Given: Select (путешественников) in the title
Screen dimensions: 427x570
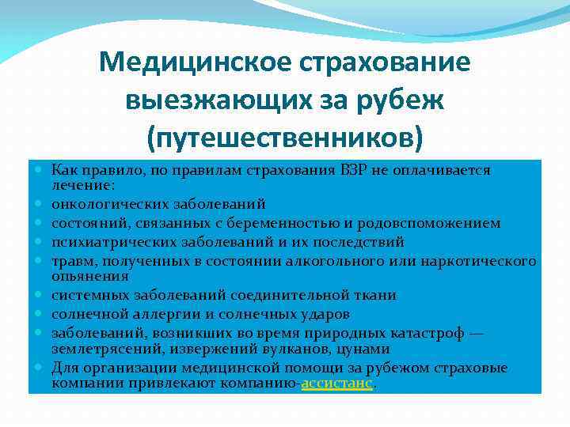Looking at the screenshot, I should pyautogui.click(x=285, y=138).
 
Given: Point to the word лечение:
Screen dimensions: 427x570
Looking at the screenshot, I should pyautogui.click(x=83, y=184).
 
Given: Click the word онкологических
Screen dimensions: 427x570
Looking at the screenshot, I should pyautogui.click(x=104, y=203).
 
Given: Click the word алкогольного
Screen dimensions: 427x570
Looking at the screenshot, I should pyautogui.click(x=367, y=261).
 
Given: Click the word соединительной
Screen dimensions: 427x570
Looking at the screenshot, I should pyautogui.click(x=286, y=295).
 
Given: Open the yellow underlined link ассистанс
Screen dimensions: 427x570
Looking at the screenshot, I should pyautogui.click(x=336, y=384).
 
